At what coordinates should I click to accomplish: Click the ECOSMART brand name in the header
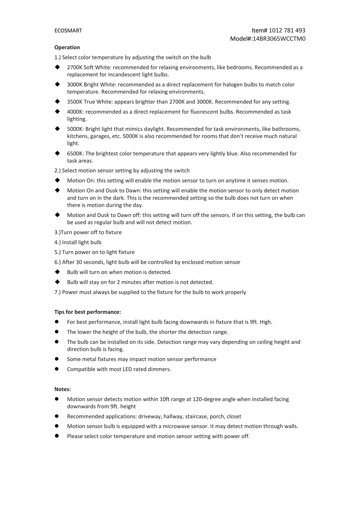point(68,31)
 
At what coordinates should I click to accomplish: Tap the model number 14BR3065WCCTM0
point(279,39)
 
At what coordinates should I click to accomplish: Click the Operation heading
point(67,47)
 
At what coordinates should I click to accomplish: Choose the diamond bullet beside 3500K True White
point(57,101)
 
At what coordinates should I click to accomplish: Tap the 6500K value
point(75,153)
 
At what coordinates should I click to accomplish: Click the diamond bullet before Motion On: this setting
point(57,180)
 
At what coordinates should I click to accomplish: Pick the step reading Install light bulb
point(81,242)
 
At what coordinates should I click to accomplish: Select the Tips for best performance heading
point(88,312)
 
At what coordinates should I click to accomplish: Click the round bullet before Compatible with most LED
point(57,369)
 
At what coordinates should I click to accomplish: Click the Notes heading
point(63,389)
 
